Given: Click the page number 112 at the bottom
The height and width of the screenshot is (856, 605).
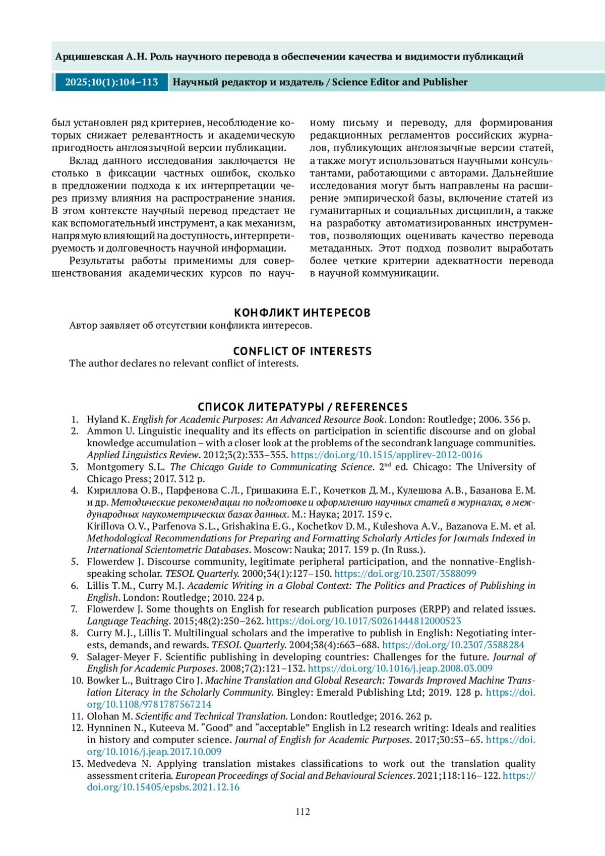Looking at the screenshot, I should click(x=302, y=811).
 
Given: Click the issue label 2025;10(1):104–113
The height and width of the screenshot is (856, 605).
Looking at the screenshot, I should click(x=111, y=82).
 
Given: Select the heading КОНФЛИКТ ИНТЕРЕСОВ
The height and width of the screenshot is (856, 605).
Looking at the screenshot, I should click(x=302, y=313).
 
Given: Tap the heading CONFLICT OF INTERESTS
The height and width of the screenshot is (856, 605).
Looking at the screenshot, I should click(x=302, y=351).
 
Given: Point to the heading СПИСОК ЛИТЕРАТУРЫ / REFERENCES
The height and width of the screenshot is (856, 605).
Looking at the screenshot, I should click(x=302, y=407).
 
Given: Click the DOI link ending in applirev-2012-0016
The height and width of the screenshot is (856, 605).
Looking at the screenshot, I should click(x=386, y=455).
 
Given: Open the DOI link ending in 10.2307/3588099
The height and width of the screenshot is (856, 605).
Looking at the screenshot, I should click(x=405, y=573).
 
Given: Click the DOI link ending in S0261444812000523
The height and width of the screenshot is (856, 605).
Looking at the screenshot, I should click(x=364, y=621).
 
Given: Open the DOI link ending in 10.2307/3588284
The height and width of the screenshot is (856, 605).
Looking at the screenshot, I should click(x=453, y=645).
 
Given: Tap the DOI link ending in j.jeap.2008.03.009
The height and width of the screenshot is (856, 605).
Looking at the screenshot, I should click(x=400, y=668).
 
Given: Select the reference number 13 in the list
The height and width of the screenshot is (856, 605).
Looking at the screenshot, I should click(x=77, y=763).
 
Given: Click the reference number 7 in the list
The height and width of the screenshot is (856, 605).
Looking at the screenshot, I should click(x=75, y=609).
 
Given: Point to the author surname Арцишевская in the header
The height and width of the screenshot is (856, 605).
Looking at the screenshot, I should click(x=89, y=56).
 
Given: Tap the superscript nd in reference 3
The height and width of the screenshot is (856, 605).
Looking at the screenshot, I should click(x=387, y=465).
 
